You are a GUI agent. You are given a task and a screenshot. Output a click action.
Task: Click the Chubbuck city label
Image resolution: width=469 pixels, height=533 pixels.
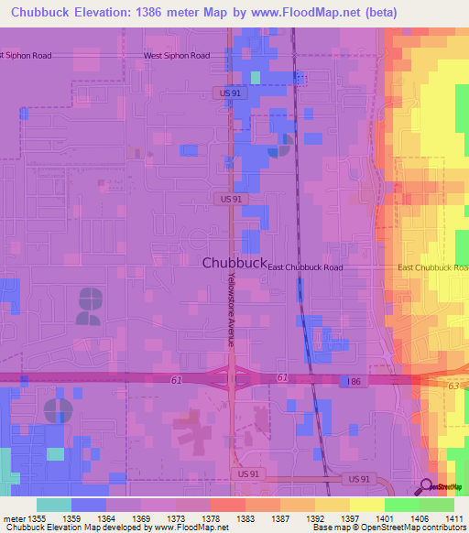point(234,262)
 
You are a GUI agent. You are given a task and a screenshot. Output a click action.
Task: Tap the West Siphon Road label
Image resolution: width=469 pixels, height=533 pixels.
point(177,56)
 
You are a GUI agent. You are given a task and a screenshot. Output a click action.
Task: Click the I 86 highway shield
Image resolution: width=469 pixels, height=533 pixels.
point(354,379)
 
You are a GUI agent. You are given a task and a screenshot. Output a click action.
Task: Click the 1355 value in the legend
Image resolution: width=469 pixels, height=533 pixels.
point(37,518)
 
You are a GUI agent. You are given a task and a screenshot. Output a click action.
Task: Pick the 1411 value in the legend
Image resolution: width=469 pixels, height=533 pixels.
point(452,518)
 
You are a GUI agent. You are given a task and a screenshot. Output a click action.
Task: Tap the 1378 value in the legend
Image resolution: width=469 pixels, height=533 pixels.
point(210,518)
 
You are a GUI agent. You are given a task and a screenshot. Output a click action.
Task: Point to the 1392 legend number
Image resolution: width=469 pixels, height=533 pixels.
point(314,518)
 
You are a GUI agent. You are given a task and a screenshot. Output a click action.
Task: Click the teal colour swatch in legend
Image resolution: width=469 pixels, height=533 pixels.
point(54,505)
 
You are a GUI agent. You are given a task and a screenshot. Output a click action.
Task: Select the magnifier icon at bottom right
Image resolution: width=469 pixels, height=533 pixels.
point(427,486)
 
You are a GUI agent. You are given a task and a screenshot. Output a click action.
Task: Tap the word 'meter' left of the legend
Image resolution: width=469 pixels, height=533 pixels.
point(13,518)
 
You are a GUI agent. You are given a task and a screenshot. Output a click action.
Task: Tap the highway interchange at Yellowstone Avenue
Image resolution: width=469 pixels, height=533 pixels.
point(231,377)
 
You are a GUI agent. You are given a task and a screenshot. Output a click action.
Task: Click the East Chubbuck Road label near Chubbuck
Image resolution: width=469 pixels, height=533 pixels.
point(306,267)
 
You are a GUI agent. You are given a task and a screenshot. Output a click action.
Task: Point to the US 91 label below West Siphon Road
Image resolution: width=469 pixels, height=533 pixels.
point(231,92)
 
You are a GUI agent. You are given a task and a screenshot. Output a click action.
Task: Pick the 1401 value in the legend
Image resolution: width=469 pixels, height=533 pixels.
point(383,518)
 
